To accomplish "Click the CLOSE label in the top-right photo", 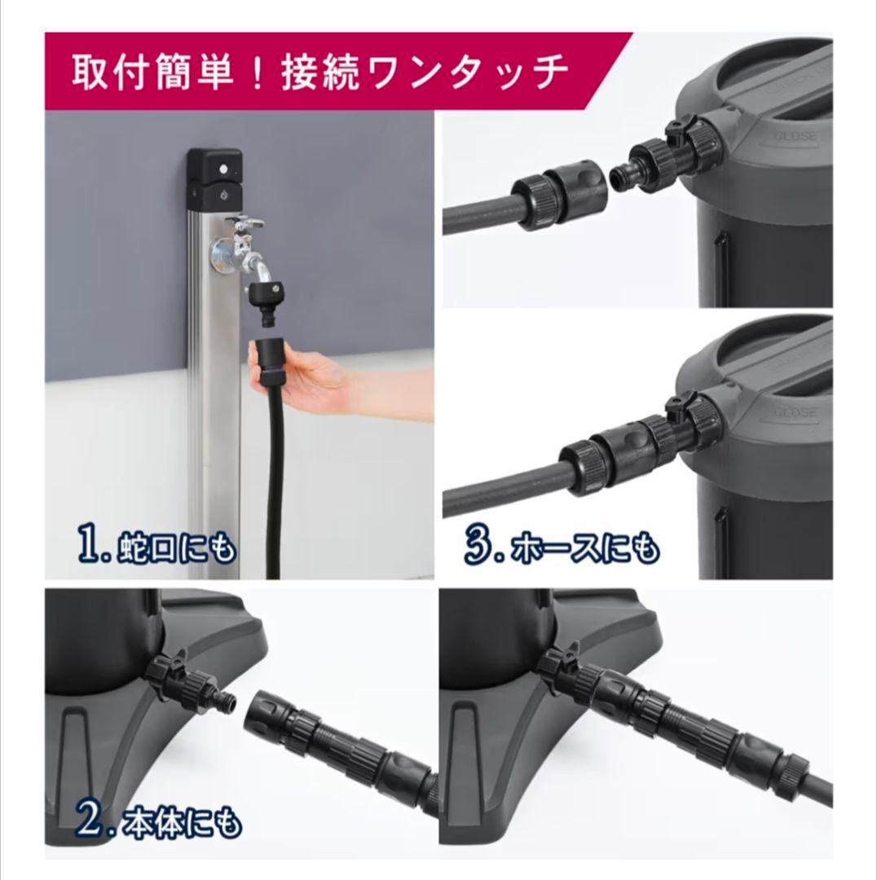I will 795,136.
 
